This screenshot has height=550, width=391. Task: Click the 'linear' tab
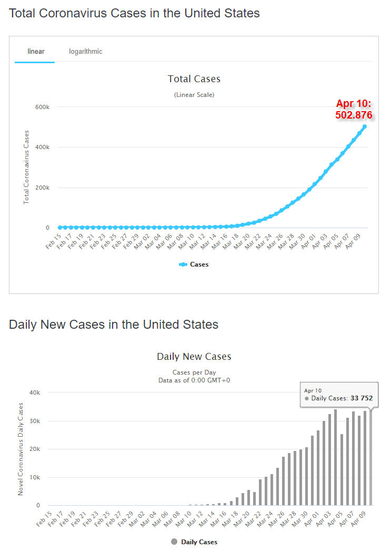point(36,52)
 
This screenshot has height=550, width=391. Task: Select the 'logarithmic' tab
point(86,52)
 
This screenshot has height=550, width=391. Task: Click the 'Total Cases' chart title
point(194,79)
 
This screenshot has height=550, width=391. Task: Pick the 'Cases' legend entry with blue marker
point(194,264)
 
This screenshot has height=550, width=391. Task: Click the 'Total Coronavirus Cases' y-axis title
point(26,168)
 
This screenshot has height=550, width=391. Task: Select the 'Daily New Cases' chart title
point(194,357)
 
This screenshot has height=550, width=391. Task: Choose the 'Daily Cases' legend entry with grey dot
point(194,542)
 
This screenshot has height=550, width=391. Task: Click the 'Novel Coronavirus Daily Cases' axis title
point(21,449)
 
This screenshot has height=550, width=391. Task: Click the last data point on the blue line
point(365,126)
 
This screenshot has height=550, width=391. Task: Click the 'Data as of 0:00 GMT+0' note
point(194,380)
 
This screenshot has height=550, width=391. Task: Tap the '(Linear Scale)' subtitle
point(194,95)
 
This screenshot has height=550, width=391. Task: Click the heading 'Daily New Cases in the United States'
point(114,325)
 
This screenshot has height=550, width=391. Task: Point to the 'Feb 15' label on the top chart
point(53,244)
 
